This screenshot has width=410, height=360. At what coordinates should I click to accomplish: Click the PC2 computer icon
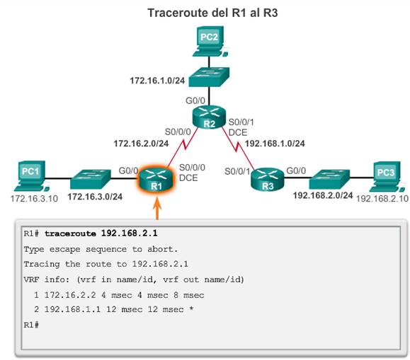tap(210, 41)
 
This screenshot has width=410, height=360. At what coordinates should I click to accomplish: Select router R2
tap(209, 117)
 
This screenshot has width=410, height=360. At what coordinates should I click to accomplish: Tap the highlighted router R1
tap(156, 179)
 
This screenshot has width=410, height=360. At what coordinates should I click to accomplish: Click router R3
tap(267, 179)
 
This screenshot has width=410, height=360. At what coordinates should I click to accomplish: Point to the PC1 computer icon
tap(31, 176)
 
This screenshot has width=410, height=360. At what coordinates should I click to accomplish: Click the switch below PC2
tap(209, 77)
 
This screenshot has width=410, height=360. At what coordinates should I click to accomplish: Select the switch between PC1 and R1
tap(91, 179)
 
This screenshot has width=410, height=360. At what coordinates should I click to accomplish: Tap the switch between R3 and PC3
tap(329, 179)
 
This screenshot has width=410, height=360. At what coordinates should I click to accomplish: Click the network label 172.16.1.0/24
tap(157, 81)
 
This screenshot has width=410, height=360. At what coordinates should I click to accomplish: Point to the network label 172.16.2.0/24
tap(141, 144)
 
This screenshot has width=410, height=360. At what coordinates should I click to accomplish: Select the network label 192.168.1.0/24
tap(275, 144)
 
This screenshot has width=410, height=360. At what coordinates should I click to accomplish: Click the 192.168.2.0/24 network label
tap(323, 195)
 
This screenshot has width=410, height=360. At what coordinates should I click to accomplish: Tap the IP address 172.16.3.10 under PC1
tap(34, 199)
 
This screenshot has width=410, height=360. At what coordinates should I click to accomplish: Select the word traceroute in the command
tap(70, 233)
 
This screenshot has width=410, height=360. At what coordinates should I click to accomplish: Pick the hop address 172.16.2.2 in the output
tap(70, 295)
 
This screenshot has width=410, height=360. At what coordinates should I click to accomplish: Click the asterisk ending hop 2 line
tap(191, 308)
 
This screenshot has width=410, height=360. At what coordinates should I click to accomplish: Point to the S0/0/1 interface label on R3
tap(237, 171)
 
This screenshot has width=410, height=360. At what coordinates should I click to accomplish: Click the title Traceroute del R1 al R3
tap(212, 13)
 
